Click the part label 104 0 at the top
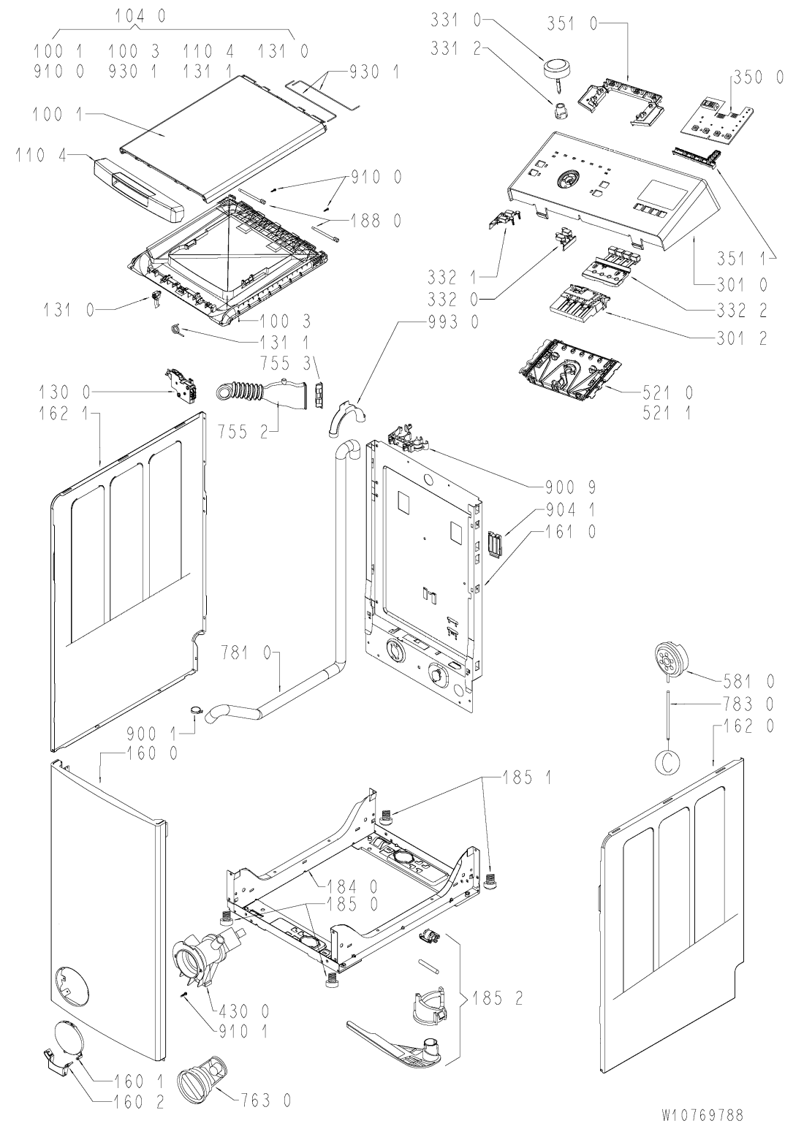point(140,16)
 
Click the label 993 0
point(454,322)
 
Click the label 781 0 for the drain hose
point(246,653)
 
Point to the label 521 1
point(667,414)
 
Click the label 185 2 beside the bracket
point(498,999)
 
